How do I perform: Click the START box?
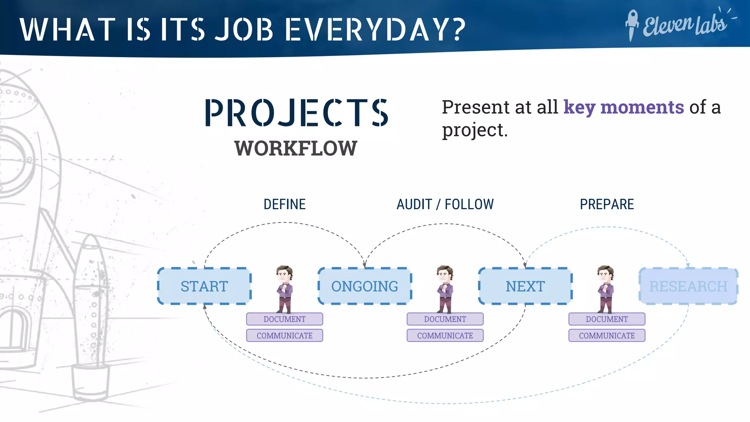[x=204, y=286]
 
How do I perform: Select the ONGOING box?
[x=365, y=286]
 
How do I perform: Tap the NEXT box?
[x=525, y=286]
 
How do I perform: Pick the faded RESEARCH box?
[x=688, y=286]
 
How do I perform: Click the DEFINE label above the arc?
[x=285, y=204]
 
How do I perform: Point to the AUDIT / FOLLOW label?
[x=445, y=204]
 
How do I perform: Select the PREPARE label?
[x=607, y=204]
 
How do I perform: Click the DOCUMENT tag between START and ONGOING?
[x=285, y=319]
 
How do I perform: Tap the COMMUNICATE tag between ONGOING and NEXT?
[x=445, y=336]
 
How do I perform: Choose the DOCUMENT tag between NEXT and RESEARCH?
[x=607, y=319]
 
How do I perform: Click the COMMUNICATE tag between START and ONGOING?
[x=285, y=336]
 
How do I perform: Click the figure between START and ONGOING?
[x=285, y=289]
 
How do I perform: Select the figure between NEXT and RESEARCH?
[x=606, y=289]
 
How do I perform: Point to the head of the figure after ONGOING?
[x=445, y=273]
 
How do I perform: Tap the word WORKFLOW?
[x=296, y=148]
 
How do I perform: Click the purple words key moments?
[x=623, y=107]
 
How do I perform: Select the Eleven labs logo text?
[x=685, y=25]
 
